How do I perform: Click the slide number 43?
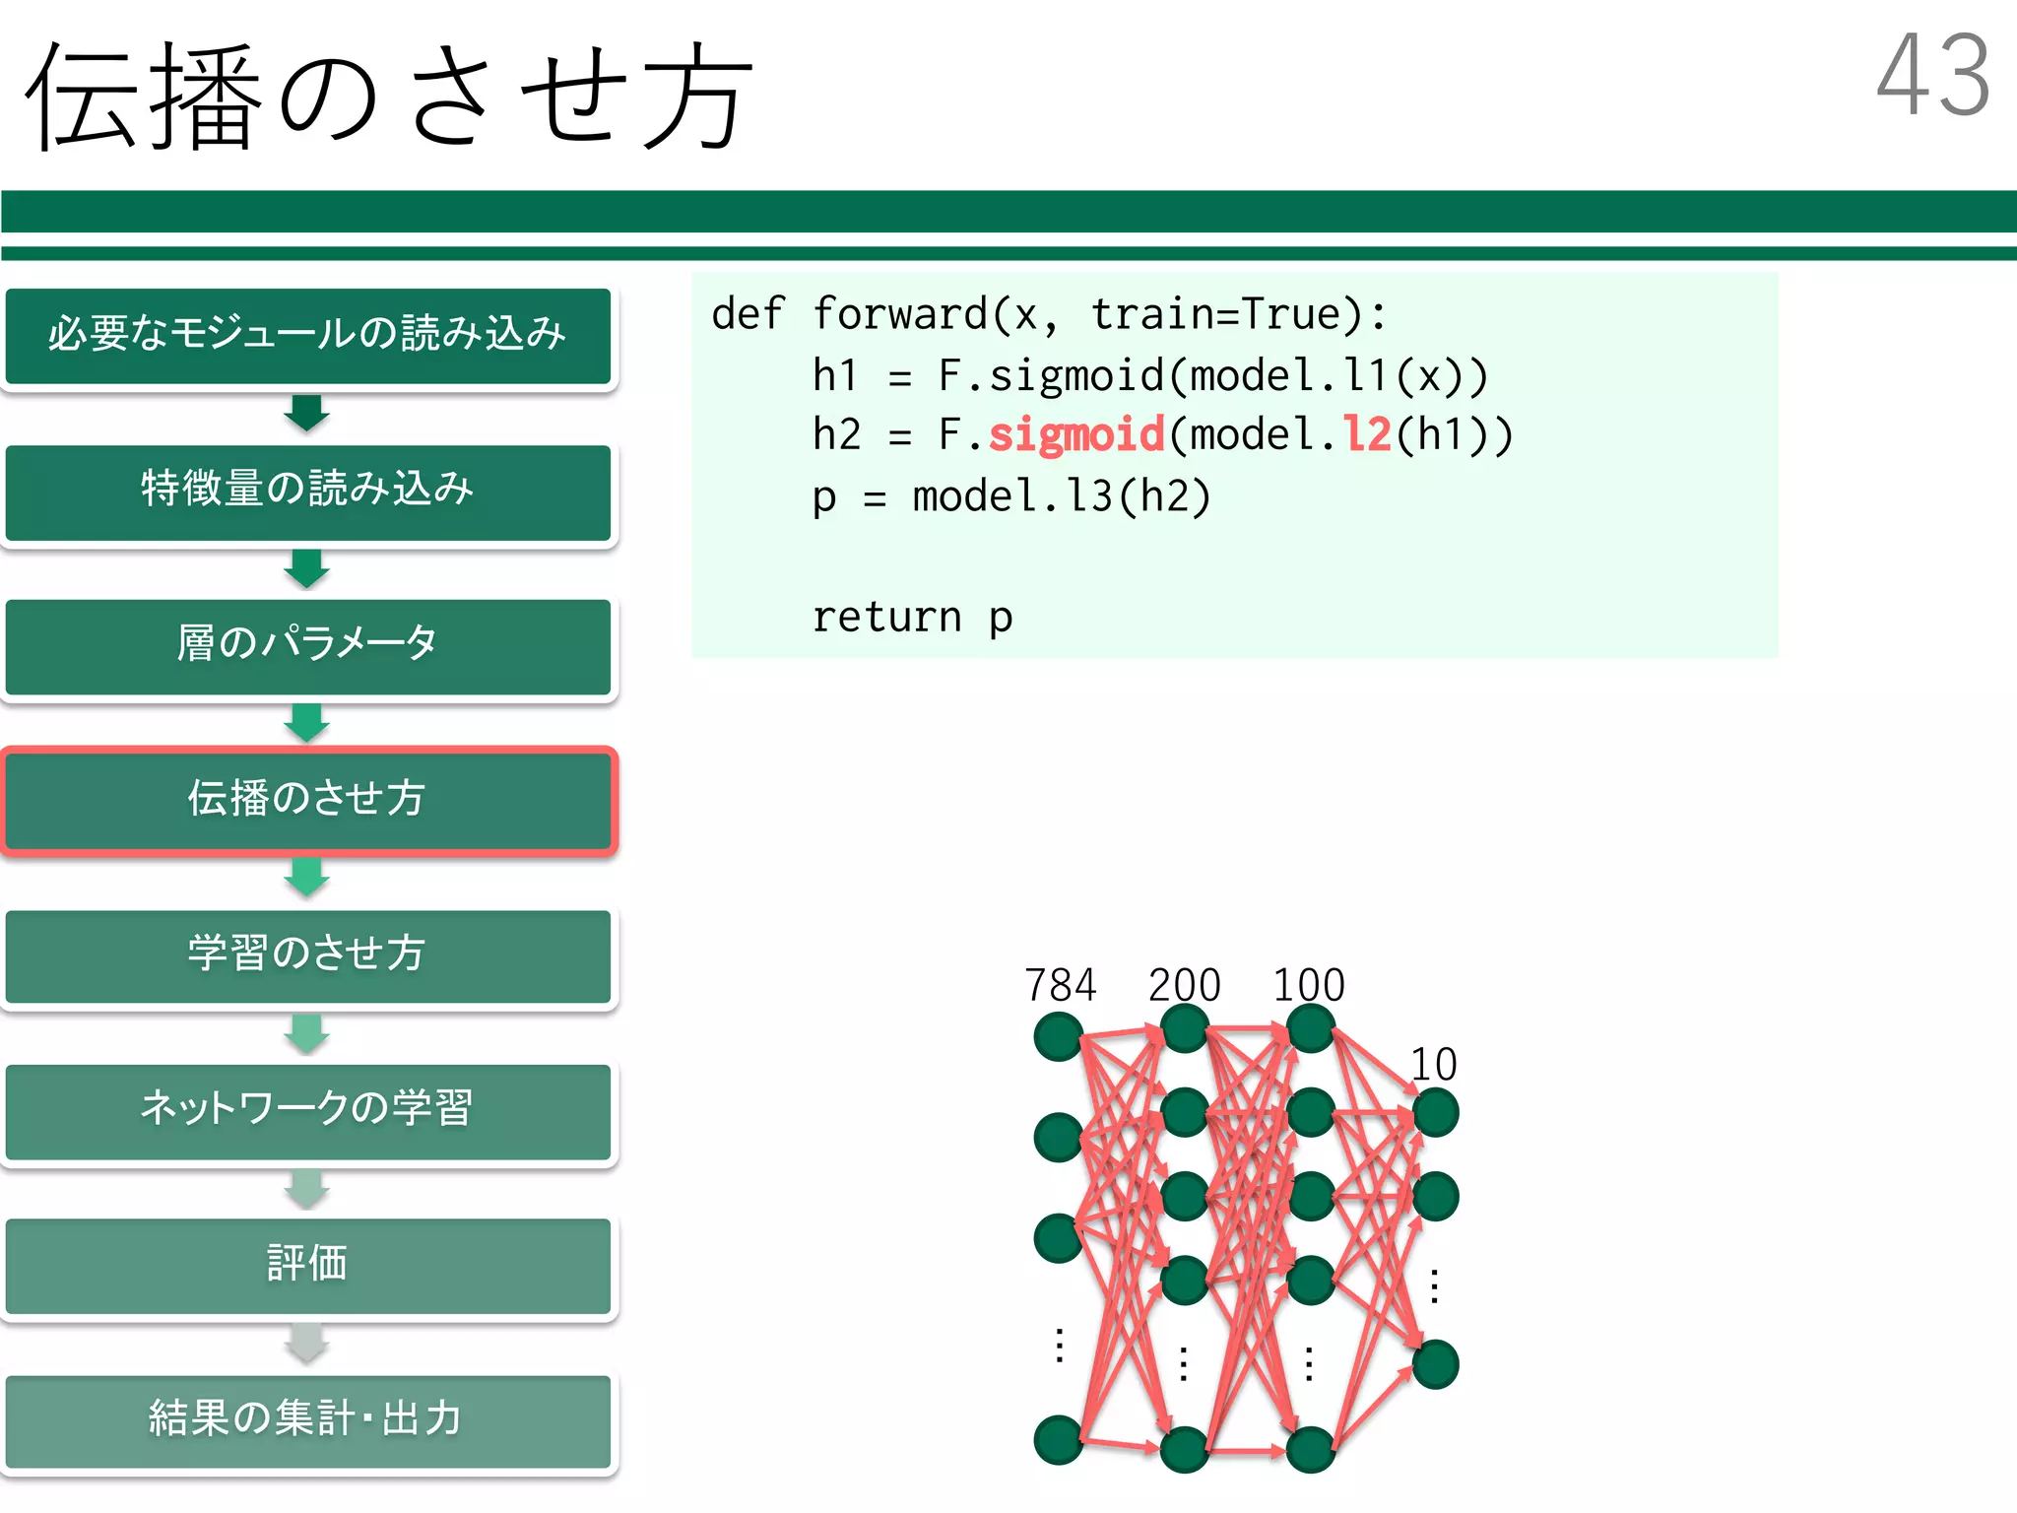click(x=1933, y=76)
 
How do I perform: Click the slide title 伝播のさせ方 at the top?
click(x=389, y=97)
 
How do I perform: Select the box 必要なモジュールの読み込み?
click(x=307, y=335)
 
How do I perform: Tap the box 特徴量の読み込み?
click(x=307, y=491)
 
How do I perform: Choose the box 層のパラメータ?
click(x=307, y=645)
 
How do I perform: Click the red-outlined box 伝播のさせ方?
click(x=307, y=799)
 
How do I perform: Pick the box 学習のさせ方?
click(x=307, y=954)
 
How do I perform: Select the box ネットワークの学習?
click(x=307, y=1109)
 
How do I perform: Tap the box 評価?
click(x=307, y=1264)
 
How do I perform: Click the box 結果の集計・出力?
click(x=307, y=1419)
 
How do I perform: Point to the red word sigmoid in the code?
click(x=1076, y=435)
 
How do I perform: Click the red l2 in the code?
click(x=1367, y=435)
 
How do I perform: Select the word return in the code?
click(x=886, y=618)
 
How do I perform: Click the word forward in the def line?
click(x=900, y=315)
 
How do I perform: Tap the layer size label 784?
click(x=1060, y=985)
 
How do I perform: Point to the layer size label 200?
click(x=1184, y=985)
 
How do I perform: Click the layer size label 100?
click(x=1309, y=985)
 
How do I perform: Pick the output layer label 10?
click(x=1434, y=1065)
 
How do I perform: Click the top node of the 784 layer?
click(x=1059, y=1036)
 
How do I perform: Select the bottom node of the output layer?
click(x=1435, y=1364)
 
